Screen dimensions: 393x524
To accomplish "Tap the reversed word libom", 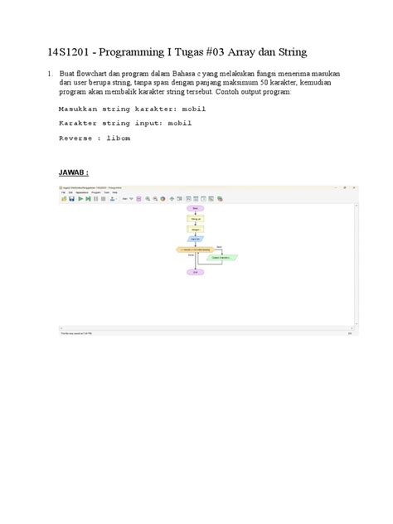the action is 120,138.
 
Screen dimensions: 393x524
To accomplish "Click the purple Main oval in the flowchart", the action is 196,208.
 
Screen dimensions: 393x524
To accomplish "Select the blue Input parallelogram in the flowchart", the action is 196,238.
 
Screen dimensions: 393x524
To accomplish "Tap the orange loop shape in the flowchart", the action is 196,249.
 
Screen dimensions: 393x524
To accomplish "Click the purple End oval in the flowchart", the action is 196,272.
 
